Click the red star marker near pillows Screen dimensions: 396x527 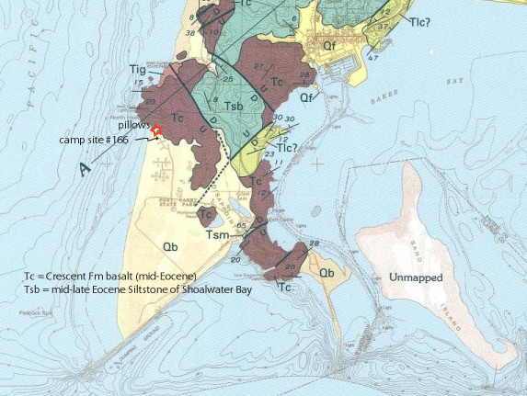coord(155,130)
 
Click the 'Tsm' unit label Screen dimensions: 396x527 coord(217,234)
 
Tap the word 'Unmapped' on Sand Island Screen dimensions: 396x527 coord(415,277)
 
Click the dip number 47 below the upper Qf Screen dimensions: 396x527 coord(372,58)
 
